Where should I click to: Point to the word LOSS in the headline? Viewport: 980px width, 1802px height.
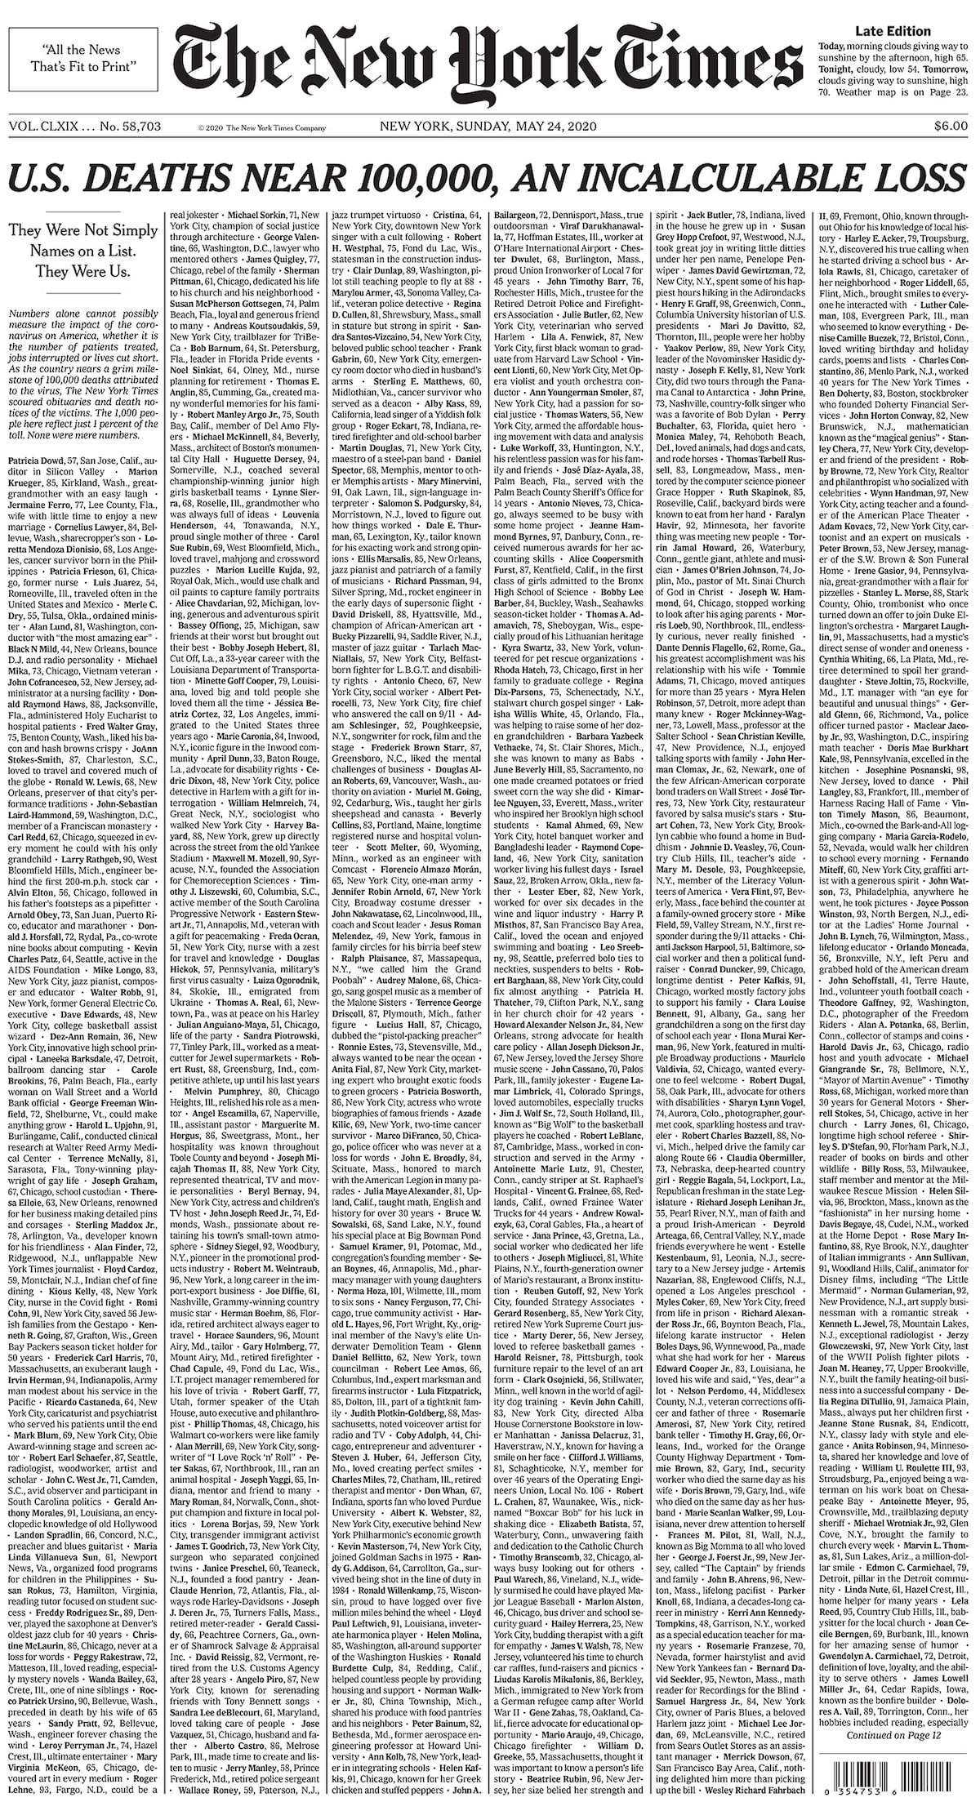point(919,176)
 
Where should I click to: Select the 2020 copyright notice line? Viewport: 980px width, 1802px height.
point(261,128)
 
